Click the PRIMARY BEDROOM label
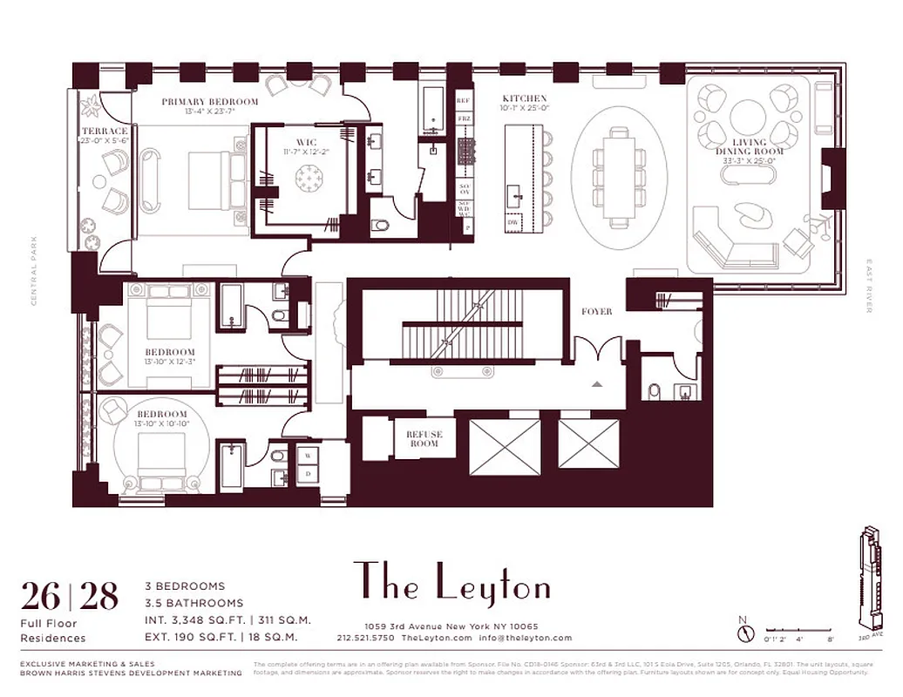click(x=210, y=102)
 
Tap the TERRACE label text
click(x=105, y=132)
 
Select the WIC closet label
click(x=306, y=143)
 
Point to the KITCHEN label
click(x=525, y=98)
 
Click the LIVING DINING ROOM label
click(x=750, y=146)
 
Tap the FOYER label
click(x=597, y=311)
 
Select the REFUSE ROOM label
click(x=424, y=438)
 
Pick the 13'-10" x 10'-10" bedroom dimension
click(x=161, y=423)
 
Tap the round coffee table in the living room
click(x=749, y=117)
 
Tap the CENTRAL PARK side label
click(x=36, y=271)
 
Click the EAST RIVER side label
click(x=869, y=285)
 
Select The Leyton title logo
click(x=451, y=583)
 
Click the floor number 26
click(x=41, y=598)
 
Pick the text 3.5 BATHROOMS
click(x=193, y=603)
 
